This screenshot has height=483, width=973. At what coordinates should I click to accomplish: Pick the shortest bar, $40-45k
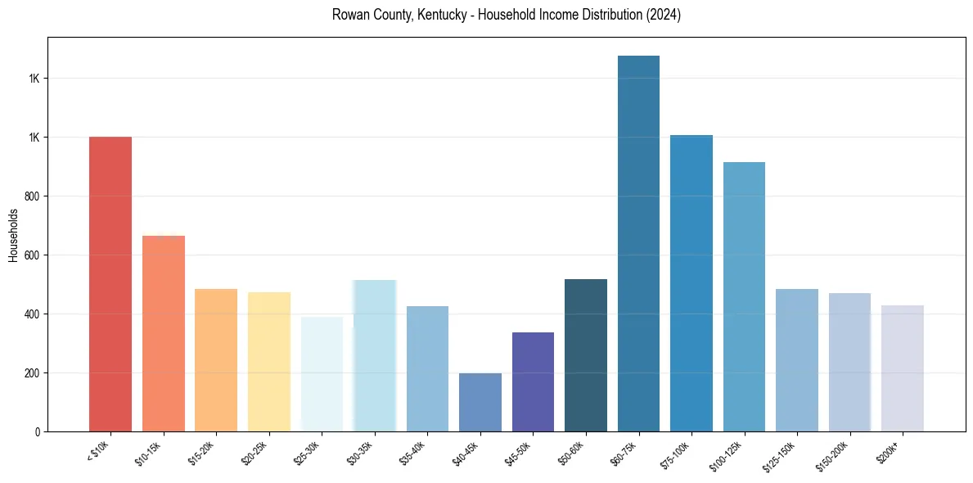[x=480, y=402]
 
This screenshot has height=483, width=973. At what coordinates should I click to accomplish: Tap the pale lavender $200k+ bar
[x=903, y=368]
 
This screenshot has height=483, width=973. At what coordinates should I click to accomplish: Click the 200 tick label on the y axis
[x=33, y=373]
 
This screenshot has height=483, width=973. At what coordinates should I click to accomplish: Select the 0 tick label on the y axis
[x=38, y=432]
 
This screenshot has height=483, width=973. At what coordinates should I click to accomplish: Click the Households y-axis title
[x=14, y=235]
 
